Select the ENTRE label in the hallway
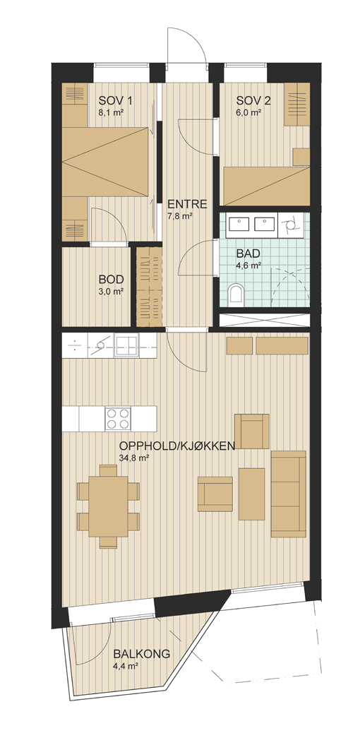[x=187, y=204]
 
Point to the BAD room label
[x=248, y=254]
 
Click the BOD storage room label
[x=111, y=280]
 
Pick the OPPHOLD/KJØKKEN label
[x=176, y=446]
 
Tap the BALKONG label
[x=141, y=655]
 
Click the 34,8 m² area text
[x=133, y=458]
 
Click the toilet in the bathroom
[x=236, y=292]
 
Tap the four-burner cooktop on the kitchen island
[x=117, y=418]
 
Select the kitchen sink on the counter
[x=126, y=346]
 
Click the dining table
[x=109, y=506]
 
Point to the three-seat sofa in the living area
[x=289, y=494]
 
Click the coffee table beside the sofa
[x=251, y=494]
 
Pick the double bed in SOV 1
[x=105, y=162]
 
